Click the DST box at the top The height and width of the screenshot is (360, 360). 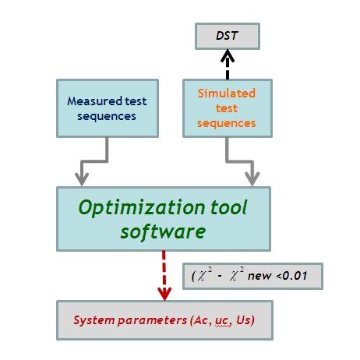coord(227,35)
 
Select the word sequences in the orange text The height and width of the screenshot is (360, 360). coord(228,123)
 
